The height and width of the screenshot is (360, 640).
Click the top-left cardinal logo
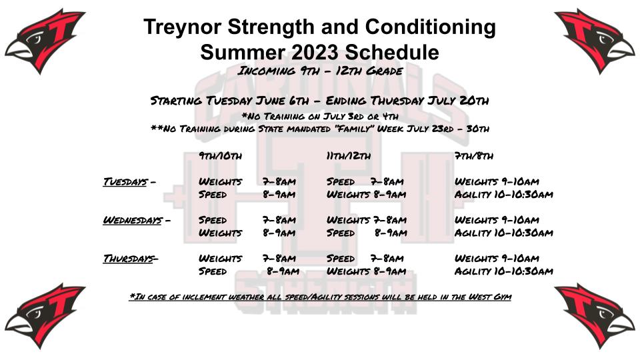click(x=45, y=41)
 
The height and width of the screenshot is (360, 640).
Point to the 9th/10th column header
click(x=221, y=156)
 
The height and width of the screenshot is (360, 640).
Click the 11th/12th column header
click(x=349, y=156)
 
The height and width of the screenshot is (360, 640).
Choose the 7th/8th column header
click(x=474, y=156)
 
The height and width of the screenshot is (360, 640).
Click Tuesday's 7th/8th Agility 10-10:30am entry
click(x=504, y=194)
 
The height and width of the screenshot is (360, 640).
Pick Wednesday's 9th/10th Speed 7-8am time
click(x=279, y=221)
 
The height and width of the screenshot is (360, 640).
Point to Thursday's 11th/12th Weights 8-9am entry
click(x=366, y=271)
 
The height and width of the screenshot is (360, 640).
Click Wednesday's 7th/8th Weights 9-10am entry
click(x=497, y=221)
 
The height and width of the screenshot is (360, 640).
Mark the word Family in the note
click(x=353, y=129)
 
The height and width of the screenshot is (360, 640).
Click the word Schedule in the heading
click(x=392, y=52)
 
